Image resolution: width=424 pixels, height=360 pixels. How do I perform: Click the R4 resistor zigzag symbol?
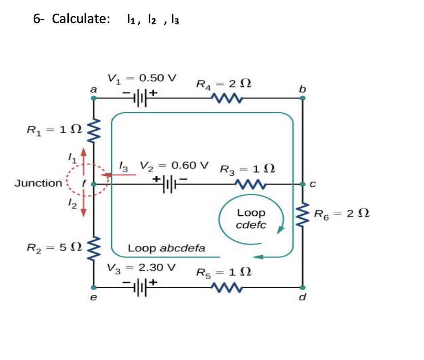point(226,97)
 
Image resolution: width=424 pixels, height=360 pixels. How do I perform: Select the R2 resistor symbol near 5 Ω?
point(94,248)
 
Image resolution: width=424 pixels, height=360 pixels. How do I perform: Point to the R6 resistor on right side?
point(303,215)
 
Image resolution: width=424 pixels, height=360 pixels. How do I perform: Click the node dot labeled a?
point(94,98)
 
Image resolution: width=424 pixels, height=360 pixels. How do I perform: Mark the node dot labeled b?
point(303,98)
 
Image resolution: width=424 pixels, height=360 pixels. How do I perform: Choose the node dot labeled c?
point(303,184)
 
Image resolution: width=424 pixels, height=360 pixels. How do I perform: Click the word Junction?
point(38,183)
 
